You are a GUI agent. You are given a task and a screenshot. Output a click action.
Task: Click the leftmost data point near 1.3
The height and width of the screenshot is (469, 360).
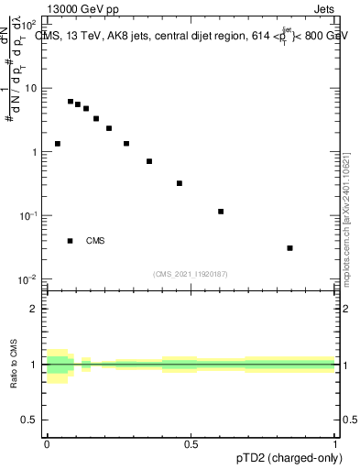58,144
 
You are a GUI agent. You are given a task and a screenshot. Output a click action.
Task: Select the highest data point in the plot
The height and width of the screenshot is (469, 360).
71,102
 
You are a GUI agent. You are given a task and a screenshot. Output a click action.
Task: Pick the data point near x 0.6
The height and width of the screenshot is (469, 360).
221,212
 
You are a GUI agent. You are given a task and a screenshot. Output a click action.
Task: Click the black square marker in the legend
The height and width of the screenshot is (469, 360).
71,241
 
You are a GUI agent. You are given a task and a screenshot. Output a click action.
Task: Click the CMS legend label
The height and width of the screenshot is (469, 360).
95,241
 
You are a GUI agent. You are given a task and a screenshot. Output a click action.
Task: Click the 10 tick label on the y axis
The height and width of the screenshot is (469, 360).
32,89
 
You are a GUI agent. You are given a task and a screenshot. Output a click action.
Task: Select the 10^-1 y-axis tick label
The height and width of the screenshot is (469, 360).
29,215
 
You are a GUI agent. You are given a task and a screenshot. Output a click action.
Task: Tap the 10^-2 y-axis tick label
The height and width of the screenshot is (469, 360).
29,278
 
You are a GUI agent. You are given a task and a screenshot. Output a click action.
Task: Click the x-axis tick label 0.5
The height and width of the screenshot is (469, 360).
191,444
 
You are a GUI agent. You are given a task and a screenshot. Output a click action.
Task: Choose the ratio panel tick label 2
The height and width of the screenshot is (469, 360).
34,309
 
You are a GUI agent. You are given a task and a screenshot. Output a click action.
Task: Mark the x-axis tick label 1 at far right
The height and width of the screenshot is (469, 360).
335,444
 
